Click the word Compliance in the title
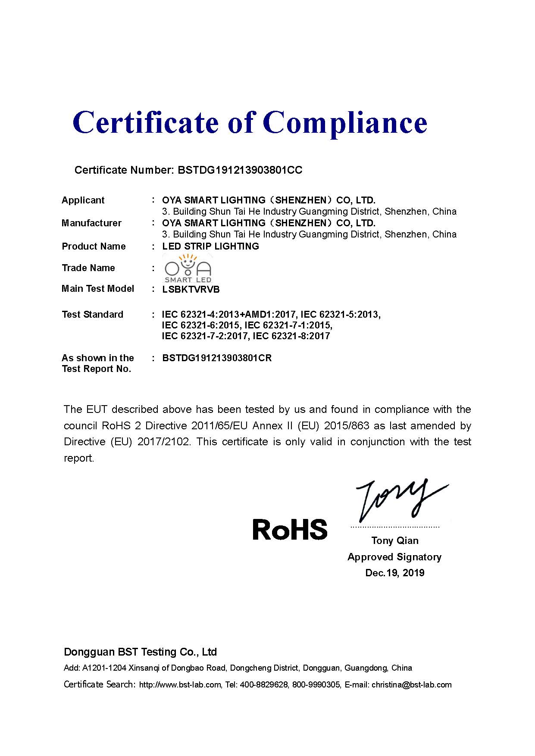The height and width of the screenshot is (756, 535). point(345,123)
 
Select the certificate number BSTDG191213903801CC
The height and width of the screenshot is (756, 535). point(240,170)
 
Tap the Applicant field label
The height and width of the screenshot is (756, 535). point(83,200)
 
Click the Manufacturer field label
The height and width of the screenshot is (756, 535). point(91,223)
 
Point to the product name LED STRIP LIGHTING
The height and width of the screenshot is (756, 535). point(210,246)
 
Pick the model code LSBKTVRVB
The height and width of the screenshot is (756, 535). point(191,289)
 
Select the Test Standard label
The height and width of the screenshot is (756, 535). point(92,314)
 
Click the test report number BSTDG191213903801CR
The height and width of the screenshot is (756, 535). point(217,358)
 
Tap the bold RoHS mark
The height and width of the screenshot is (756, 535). point(290,530)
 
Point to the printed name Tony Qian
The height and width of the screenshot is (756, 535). point(395,540)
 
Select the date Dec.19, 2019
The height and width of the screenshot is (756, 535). point(395,573)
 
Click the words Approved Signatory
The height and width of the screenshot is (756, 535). point(394,557)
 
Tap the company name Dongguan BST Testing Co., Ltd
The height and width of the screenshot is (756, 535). point(140,652)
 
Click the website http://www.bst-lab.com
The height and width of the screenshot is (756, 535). point(180,684)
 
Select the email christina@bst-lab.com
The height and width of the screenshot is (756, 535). point(411,684)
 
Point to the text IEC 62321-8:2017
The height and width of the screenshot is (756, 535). point(291,336)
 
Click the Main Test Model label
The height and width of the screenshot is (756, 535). point(98,288)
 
